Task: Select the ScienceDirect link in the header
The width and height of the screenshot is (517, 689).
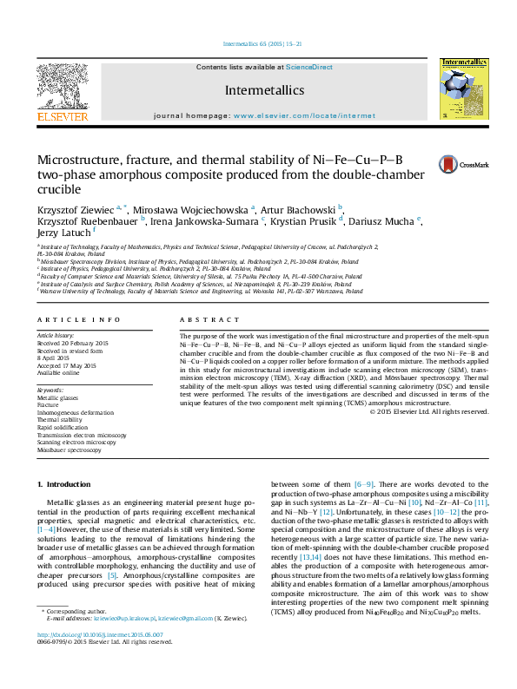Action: coord(309,67)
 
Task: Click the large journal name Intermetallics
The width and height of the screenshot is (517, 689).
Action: coord(264,89)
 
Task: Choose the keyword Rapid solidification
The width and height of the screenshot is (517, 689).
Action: coord(61,427)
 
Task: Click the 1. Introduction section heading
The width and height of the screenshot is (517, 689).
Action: coord(67,483)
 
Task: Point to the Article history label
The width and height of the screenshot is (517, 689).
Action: coord(56,334)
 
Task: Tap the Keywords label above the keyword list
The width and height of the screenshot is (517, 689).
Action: coord(50,390)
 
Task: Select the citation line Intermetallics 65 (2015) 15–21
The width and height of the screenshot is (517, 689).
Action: coord(262,43)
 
